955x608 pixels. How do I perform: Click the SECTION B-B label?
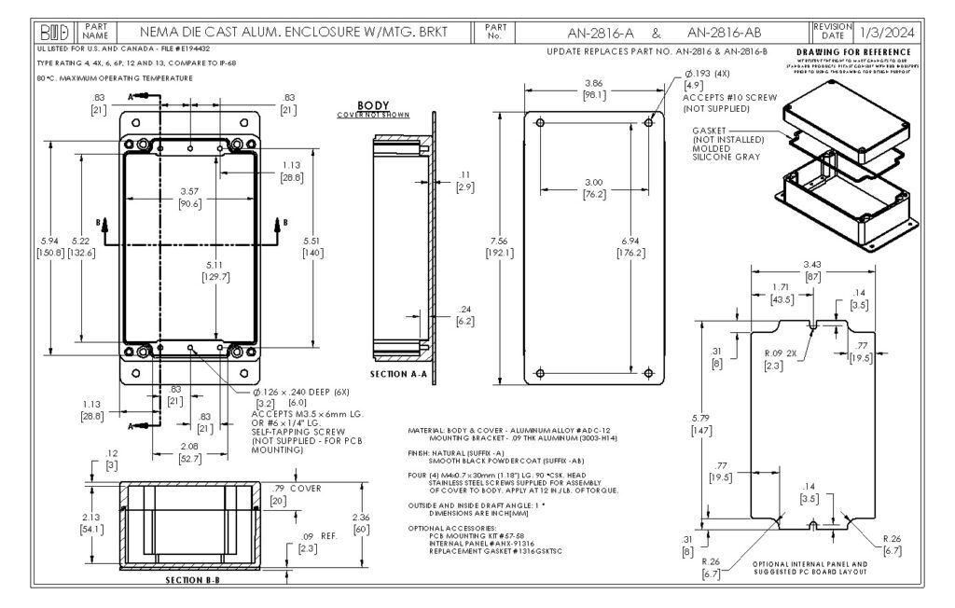click(x=192, y=579)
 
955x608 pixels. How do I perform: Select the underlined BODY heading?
click(x=371, y=105)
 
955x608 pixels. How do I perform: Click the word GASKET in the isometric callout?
click(x=711, y=129)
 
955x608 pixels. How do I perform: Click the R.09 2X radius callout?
click(x=780, y=354)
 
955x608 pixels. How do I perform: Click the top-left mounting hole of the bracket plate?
click(x=541, y=121)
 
